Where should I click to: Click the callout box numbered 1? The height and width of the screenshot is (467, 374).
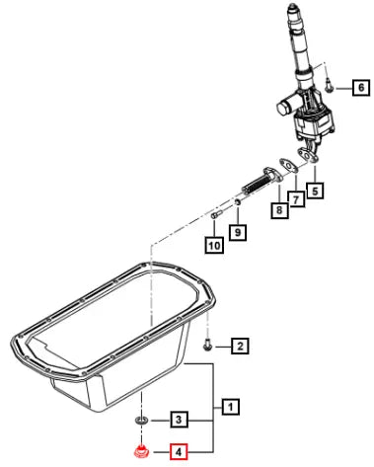click(231, 407)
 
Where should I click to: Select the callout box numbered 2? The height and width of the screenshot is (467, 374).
click(240, 346)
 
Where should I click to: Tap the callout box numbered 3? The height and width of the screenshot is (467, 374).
click(179, 420)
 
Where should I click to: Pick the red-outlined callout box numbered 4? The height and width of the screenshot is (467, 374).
click(179, 452)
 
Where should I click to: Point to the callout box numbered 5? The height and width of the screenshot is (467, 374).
click(315, 191)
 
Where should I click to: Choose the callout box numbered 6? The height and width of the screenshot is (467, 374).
click(361, 87)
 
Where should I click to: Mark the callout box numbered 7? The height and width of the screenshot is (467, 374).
click(296, 199)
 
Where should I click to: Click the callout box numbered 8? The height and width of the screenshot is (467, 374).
click(279, 209)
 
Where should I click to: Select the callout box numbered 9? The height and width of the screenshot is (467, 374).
click(238, 232)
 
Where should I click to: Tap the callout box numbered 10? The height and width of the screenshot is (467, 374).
click(214, 245)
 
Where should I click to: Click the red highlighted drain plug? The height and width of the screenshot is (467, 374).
click(141, 452)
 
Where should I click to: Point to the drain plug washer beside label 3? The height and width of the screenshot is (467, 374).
click(141, 421)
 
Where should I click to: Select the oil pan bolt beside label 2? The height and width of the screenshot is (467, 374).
click(207, 345)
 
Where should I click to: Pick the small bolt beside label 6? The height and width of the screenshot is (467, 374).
click(329, 86)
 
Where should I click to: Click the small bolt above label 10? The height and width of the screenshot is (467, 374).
click(216, 215)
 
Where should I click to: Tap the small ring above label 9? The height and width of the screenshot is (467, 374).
click(237, 202)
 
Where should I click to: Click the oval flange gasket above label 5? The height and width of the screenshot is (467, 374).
click(308, 155)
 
